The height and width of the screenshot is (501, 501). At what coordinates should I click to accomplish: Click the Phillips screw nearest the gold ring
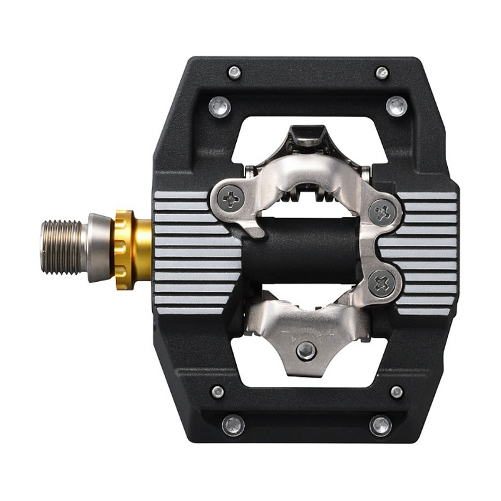tap(232, 200)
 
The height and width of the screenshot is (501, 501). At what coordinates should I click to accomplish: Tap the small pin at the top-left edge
tap(235, 72)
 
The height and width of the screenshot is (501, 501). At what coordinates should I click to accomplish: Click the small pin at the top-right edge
tap(381, 73)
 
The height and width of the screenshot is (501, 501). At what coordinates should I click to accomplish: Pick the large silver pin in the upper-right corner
tap(396, 106)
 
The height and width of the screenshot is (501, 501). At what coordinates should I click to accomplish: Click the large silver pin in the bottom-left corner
tap(232, 425)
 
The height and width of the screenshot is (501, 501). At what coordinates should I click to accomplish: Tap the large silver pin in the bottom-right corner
tap(381, 425)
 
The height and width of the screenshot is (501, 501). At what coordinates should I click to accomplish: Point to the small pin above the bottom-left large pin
tap(217, 392)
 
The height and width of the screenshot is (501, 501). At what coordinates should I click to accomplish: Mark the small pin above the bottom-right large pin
tap(396, 392)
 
